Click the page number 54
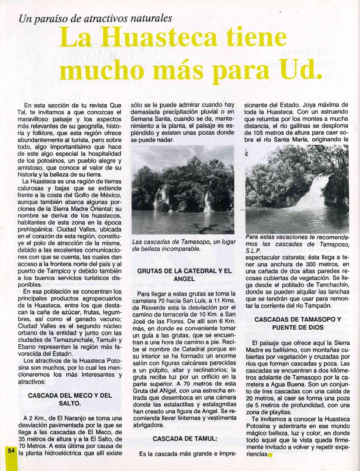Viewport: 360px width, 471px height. pos(11,451)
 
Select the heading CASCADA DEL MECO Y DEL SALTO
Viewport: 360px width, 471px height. pos(70,400)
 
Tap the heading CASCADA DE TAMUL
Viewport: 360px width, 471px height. pos(185,439)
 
